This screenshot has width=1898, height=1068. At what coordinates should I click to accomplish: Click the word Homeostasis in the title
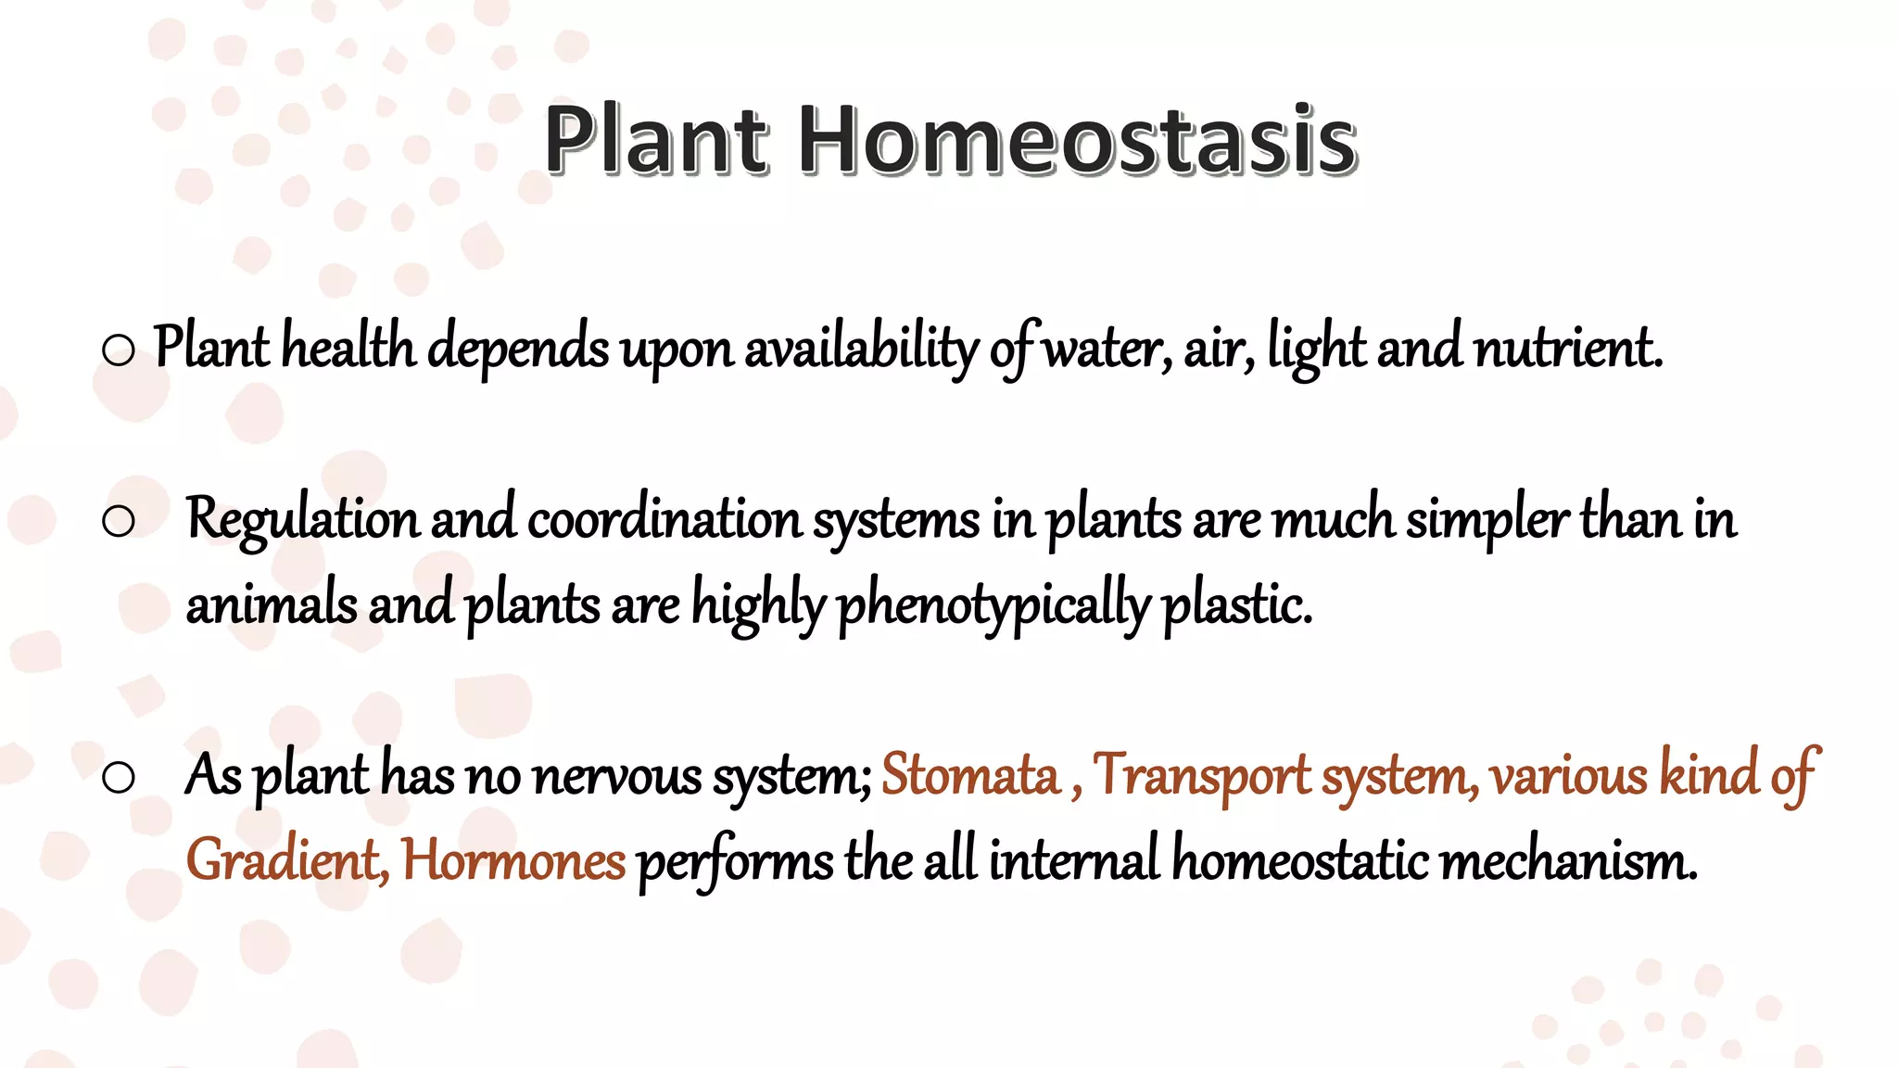click(x=1078, y=141)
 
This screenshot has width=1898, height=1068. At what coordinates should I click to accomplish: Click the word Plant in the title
click(x=656, y=141)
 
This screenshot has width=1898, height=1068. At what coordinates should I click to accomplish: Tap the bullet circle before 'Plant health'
click(x=119, y=350)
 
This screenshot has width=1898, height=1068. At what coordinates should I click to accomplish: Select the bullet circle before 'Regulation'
click(x=119, y=521)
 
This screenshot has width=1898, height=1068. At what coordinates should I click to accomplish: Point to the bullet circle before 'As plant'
click(x=119, y=777)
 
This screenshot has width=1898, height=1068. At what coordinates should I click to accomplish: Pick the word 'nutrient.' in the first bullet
click(x=1568, y=349)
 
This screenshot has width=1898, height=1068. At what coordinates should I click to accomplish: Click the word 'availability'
click(x=861, y=349)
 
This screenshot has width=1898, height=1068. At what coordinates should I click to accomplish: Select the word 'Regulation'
click(x=302, y=519)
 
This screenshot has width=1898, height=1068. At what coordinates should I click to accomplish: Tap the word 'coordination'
click(x=664, y=519)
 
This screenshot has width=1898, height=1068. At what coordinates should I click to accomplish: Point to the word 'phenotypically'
click(x=993, y=604)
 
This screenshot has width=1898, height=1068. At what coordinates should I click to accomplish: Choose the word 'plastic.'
click(x=1237, y=604)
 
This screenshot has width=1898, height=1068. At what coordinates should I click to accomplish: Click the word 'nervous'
click(x=616, y=775)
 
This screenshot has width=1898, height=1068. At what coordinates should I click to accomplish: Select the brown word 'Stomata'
click(x=969, y=775)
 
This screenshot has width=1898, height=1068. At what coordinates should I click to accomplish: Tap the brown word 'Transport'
click(x=1201, y=775)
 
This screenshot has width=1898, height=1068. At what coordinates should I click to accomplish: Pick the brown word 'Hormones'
click(x=513, y=860)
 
